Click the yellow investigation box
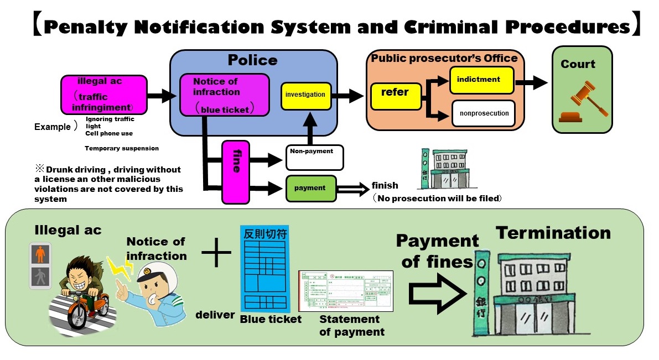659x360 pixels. click(305, 95)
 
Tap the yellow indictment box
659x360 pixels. click(481, 80)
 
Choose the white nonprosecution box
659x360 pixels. click(484, 113)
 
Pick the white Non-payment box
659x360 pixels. click(314, 158)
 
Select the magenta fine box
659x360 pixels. click(236, 172)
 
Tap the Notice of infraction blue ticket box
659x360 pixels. click(224, 95)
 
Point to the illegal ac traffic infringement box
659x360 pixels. click(104, 95)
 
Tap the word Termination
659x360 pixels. click(553, 233)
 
